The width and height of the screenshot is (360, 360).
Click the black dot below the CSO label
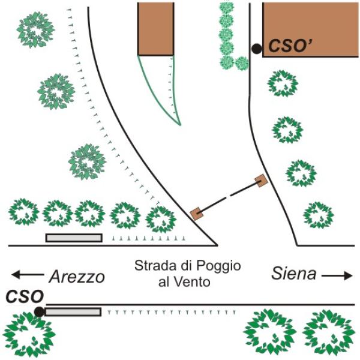[39, 311]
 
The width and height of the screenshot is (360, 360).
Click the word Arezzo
[76, 277]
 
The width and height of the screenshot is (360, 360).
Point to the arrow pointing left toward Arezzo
[26, 275]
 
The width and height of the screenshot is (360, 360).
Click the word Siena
[293, 274]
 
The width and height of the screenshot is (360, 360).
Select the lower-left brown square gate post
[196, 213]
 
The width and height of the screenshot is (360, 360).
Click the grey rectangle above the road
[74, 238]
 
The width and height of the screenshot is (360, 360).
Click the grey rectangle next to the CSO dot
[73, 311]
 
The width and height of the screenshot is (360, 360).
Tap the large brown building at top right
[310, 28]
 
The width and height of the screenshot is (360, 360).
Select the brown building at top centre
[155, 28]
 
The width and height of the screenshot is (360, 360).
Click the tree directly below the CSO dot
[28, 334]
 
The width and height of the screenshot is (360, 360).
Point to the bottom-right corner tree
[329, 332]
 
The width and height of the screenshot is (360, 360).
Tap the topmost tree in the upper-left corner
[35, 29]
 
